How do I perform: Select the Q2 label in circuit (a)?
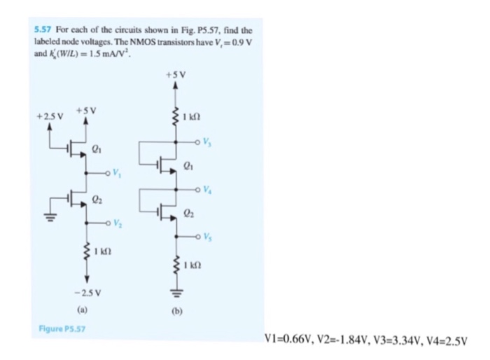pyautogui.click(x=97, y=199)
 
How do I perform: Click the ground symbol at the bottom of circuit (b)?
pyautogui.click(x=175, y=295)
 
